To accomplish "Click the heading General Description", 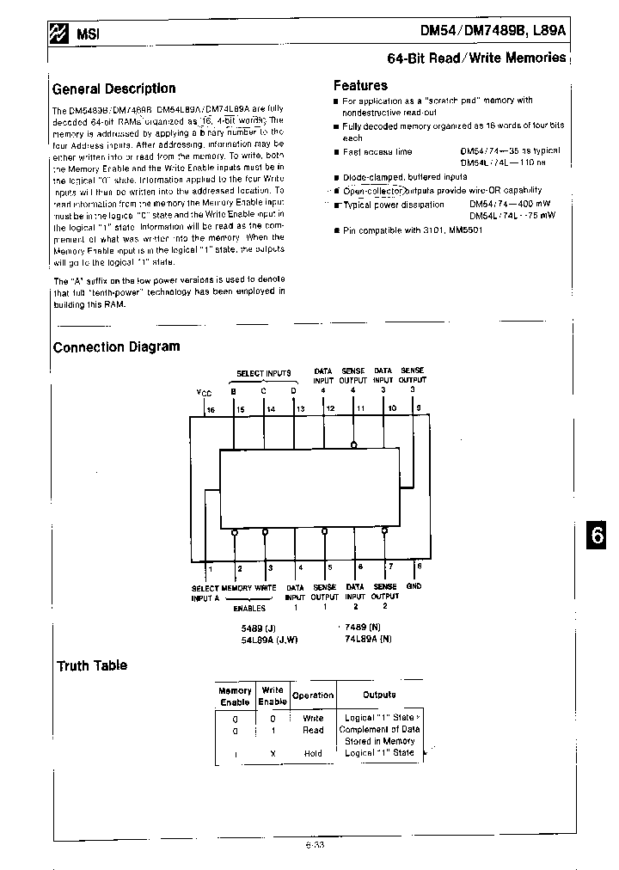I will [x=113, y=89].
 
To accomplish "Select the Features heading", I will [x=360, y=85].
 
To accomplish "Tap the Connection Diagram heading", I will [x=116, y=346].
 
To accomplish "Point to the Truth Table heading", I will [x=91, y=665].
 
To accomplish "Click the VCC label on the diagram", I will [x=204, y=392].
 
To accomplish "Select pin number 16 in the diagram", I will [x=211, y=410].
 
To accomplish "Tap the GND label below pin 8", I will [x=414, y=586].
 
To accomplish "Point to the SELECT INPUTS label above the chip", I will [x=263, y=374].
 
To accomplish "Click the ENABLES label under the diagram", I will [x=249, y=608].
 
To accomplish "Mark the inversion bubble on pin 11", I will [x=353, y=445].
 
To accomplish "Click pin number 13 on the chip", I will [x=300, y=409].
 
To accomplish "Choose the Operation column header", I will [x=313, y=695].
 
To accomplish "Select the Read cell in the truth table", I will [x=313, y=730].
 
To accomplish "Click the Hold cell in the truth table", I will [x=313, y=753].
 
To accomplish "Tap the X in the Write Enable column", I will [x=273, y=753].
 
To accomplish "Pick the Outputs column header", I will [x=379, y=695].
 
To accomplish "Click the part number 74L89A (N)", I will [x=368, y=639].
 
